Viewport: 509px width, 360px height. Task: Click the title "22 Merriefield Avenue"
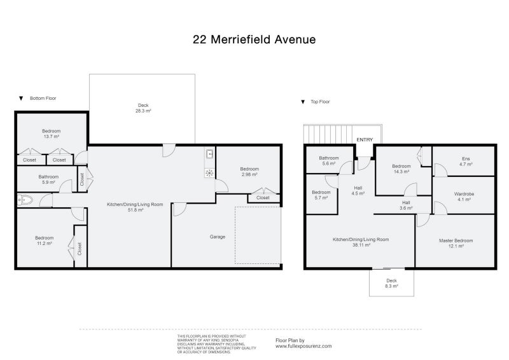tap(254, 39)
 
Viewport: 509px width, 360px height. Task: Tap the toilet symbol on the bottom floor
tap(25, 200)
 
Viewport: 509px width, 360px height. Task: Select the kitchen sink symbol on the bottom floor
tap(209, 154)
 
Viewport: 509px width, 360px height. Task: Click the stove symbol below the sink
tap(209, 172)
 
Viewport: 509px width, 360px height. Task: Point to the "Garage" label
tap(218, 237)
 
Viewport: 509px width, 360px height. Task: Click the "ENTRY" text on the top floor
tap(365, 140)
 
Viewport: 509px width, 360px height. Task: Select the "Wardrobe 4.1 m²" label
tap(464, 197)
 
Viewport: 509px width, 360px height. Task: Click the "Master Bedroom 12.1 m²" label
tap(456, 244)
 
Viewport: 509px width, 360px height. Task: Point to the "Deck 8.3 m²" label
tap(392, 284)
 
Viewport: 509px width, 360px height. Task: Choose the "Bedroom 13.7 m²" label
tap(50, 134)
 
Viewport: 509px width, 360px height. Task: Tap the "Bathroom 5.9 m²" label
tap(48, 179)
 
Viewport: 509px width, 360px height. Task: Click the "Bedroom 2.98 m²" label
tap(249, 172)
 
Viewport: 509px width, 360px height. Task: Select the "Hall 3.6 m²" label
tap(406, 205)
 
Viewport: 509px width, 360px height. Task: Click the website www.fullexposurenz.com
tap(303, 347)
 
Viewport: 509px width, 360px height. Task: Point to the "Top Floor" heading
tap(320, 102)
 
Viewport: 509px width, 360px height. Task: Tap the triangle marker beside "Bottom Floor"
tap(21, 99)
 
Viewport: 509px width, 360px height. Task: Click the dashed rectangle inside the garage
tap(258, 235)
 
